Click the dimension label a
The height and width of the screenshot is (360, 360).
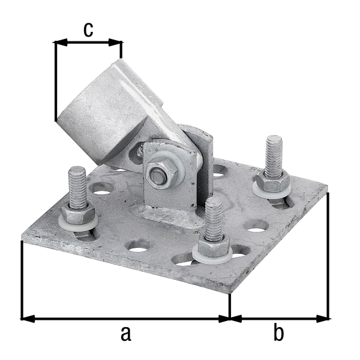pyautogui.click(x=125, y=333)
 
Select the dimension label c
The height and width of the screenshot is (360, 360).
pyautogui.click(x=88, y=29)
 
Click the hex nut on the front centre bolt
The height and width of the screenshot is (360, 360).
pyautogui.click(x=213, y=246)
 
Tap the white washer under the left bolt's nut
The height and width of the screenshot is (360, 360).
pyautogui.click(x=78, y=225)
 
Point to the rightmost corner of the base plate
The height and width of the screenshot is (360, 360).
pyautogui.click(x=329, y=193)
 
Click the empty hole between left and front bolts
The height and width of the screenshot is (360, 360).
pyautogui.click(x=139, y=245)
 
